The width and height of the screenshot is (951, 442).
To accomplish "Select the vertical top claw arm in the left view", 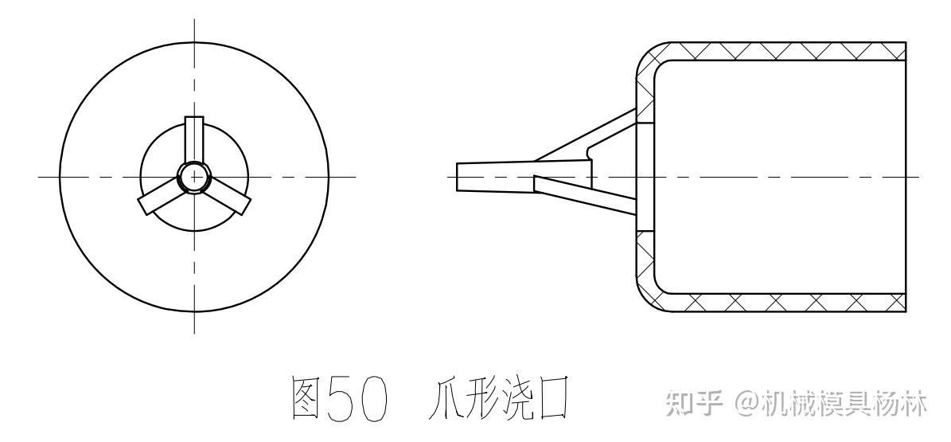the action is pyautogui.click(x=194, y=139).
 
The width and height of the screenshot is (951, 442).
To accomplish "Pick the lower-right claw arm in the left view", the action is pyautogui.click(x=229, y=197).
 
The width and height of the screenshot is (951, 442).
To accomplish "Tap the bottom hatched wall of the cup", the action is pyautogui.click(x=780, y=303).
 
